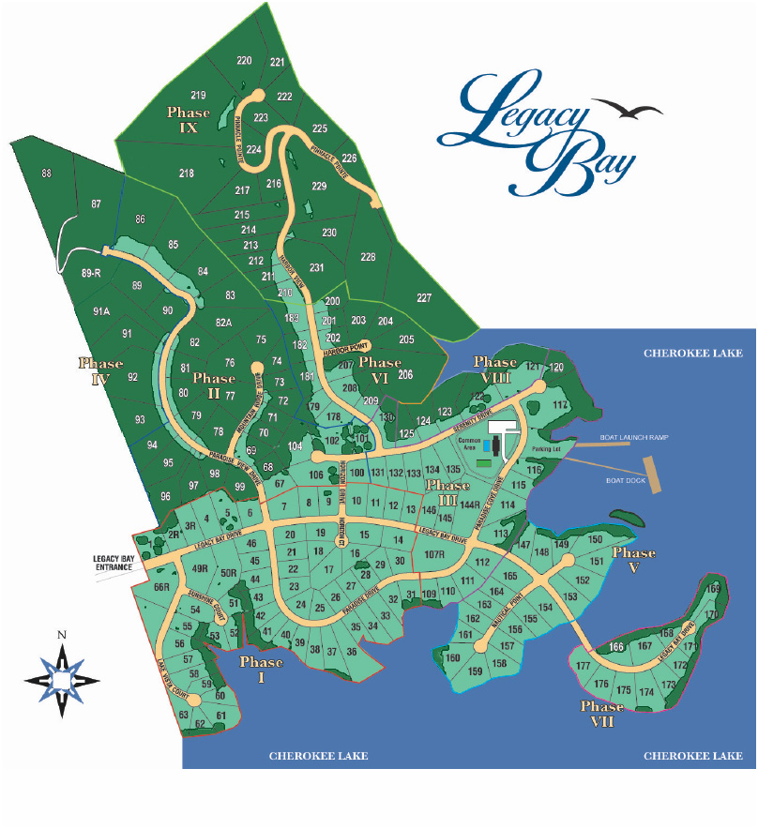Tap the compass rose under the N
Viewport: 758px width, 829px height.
61,676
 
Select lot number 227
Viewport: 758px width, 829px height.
424,298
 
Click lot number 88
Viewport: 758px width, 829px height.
47,173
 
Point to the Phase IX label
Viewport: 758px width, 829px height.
189,120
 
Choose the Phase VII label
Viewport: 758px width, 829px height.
601,713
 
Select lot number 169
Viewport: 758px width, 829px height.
715,588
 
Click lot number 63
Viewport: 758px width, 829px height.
184,715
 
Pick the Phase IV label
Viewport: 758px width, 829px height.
101,371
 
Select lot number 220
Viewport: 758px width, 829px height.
244,61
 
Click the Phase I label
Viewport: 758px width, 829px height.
261,669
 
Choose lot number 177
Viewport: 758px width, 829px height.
583,666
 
